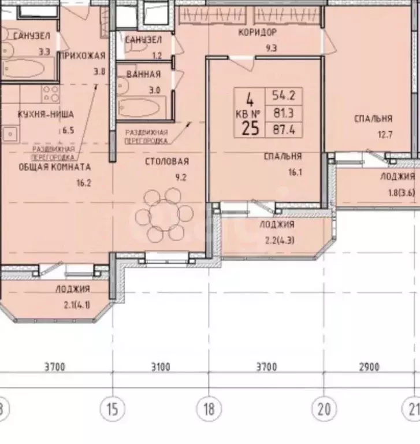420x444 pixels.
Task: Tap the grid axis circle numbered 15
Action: [x=113, y=409]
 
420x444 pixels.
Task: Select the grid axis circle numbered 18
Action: [x=209, y=409]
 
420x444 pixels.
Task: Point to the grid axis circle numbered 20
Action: [x=324, y=409]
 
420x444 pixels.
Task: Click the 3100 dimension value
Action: [x=161, y=367]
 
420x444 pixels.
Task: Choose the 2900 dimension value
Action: [x=369, y=367]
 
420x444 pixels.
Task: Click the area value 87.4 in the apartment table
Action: [x=284, y=130]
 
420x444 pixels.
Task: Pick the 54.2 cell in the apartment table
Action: [x=284, y=96]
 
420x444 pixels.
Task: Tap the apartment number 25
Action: [x=250, y=128]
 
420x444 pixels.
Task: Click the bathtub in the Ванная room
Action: [x=138, y=108]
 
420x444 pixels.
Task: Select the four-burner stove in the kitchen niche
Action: [x=51, y=94]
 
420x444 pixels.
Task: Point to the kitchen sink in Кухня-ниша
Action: [x=10, y=134]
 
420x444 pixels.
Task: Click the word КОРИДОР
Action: [x=257, y=32]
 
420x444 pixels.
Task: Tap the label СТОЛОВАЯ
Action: [x=167, y=162]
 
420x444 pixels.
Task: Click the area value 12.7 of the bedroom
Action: [x=385, y=134]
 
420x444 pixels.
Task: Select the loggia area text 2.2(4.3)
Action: [x=280, y=240]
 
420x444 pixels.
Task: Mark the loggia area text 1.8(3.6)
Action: [x=402, y=193]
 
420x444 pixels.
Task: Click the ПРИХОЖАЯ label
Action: [x=83, y=55]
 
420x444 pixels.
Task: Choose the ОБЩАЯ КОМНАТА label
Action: [x=55, y=167]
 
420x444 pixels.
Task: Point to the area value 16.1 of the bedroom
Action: [x=295, y=172]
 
